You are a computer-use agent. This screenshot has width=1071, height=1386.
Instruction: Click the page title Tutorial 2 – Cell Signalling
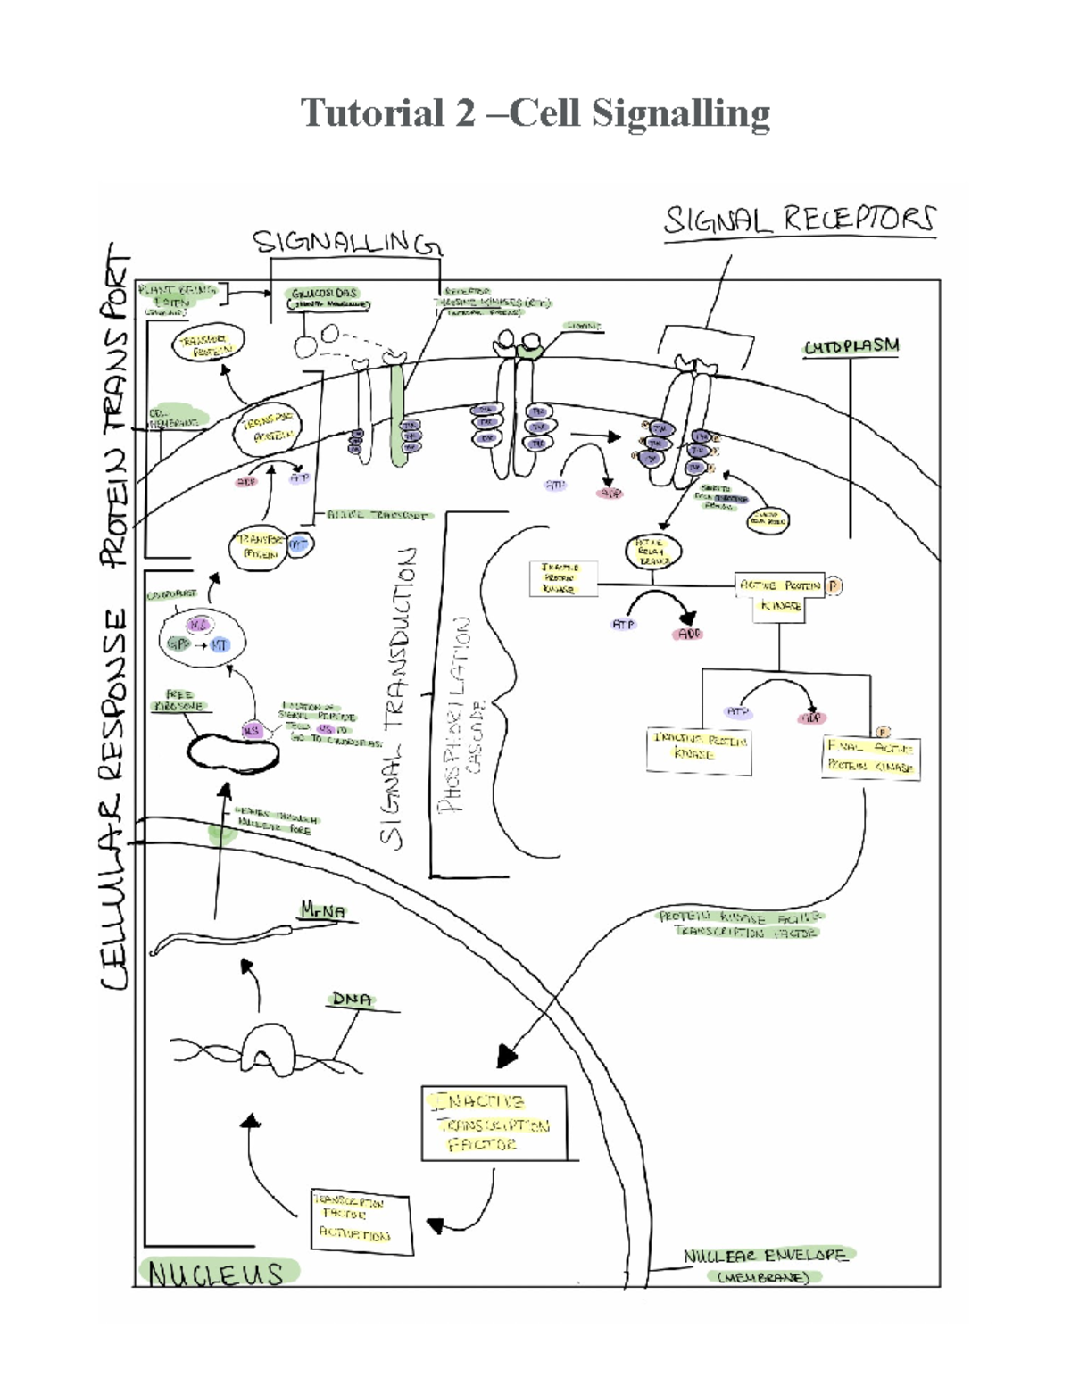535,114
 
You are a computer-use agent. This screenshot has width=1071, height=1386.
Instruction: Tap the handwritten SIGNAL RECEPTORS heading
800,220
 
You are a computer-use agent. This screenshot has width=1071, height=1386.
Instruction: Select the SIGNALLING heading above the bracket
346,242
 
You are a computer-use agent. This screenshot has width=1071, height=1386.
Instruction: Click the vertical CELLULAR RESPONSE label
116,799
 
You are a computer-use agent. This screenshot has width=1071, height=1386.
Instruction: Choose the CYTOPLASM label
851,346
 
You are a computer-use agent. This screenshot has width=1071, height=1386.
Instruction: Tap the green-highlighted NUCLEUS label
216,1273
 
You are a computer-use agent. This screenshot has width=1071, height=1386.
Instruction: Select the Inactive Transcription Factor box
494,1123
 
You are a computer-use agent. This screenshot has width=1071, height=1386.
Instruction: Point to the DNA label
352,1000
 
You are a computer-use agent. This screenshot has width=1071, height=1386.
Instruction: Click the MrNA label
323,911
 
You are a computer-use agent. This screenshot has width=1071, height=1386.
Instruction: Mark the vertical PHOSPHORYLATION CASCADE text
464,714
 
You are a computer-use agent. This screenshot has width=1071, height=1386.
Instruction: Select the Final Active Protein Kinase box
870,756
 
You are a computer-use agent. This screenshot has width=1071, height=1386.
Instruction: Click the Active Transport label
378,516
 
